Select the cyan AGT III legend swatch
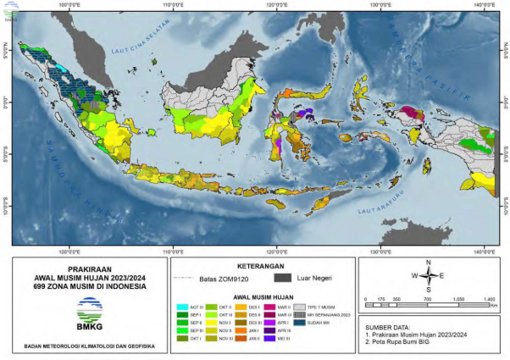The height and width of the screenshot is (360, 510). (x=182, y=306)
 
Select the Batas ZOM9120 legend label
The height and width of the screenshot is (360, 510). (x=222, y=276)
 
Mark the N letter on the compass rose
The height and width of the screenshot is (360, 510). (x=430, y=263)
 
